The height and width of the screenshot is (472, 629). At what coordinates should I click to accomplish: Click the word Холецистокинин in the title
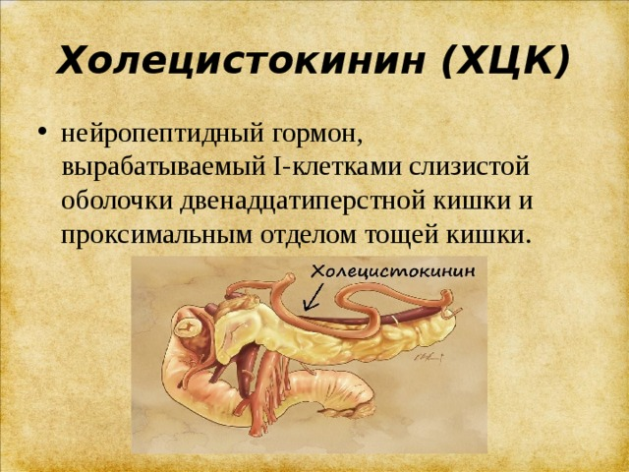pyautogui.click(x=241, y=61)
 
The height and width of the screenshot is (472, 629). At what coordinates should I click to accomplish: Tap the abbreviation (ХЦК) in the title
pyautogui.click(x=505, y=61)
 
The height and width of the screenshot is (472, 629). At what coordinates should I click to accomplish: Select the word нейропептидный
pyautogui.click(x=162, y=135)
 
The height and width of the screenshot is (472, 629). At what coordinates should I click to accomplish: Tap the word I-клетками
pyautogui.click(x=336, y=167)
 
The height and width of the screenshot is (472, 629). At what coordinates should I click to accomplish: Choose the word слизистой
pyautogui.click(x=471, y=167)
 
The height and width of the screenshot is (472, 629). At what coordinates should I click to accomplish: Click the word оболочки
pyautogui.click(x=117, y=201)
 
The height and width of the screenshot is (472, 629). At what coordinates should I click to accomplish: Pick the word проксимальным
pyautogui.click(x=156, y=236)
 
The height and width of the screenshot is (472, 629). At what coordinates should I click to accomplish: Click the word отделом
pyautogui.click(x=308, y=236)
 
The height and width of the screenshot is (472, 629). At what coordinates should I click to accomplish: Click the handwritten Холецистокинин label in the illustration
pyautogui.click(x=393, y=271)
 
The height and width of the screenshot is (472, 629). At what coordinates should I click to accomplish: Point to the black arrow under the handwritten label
pyautogui.click(x=314, y=297)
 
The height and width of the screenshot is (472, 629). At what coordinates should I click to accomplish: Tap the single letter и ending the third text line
pyautogui.click(x=524, y=202)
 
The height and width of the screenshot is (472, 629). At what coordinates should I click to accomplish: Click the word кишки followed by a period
pyautogui.click(x=486, y=236)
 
